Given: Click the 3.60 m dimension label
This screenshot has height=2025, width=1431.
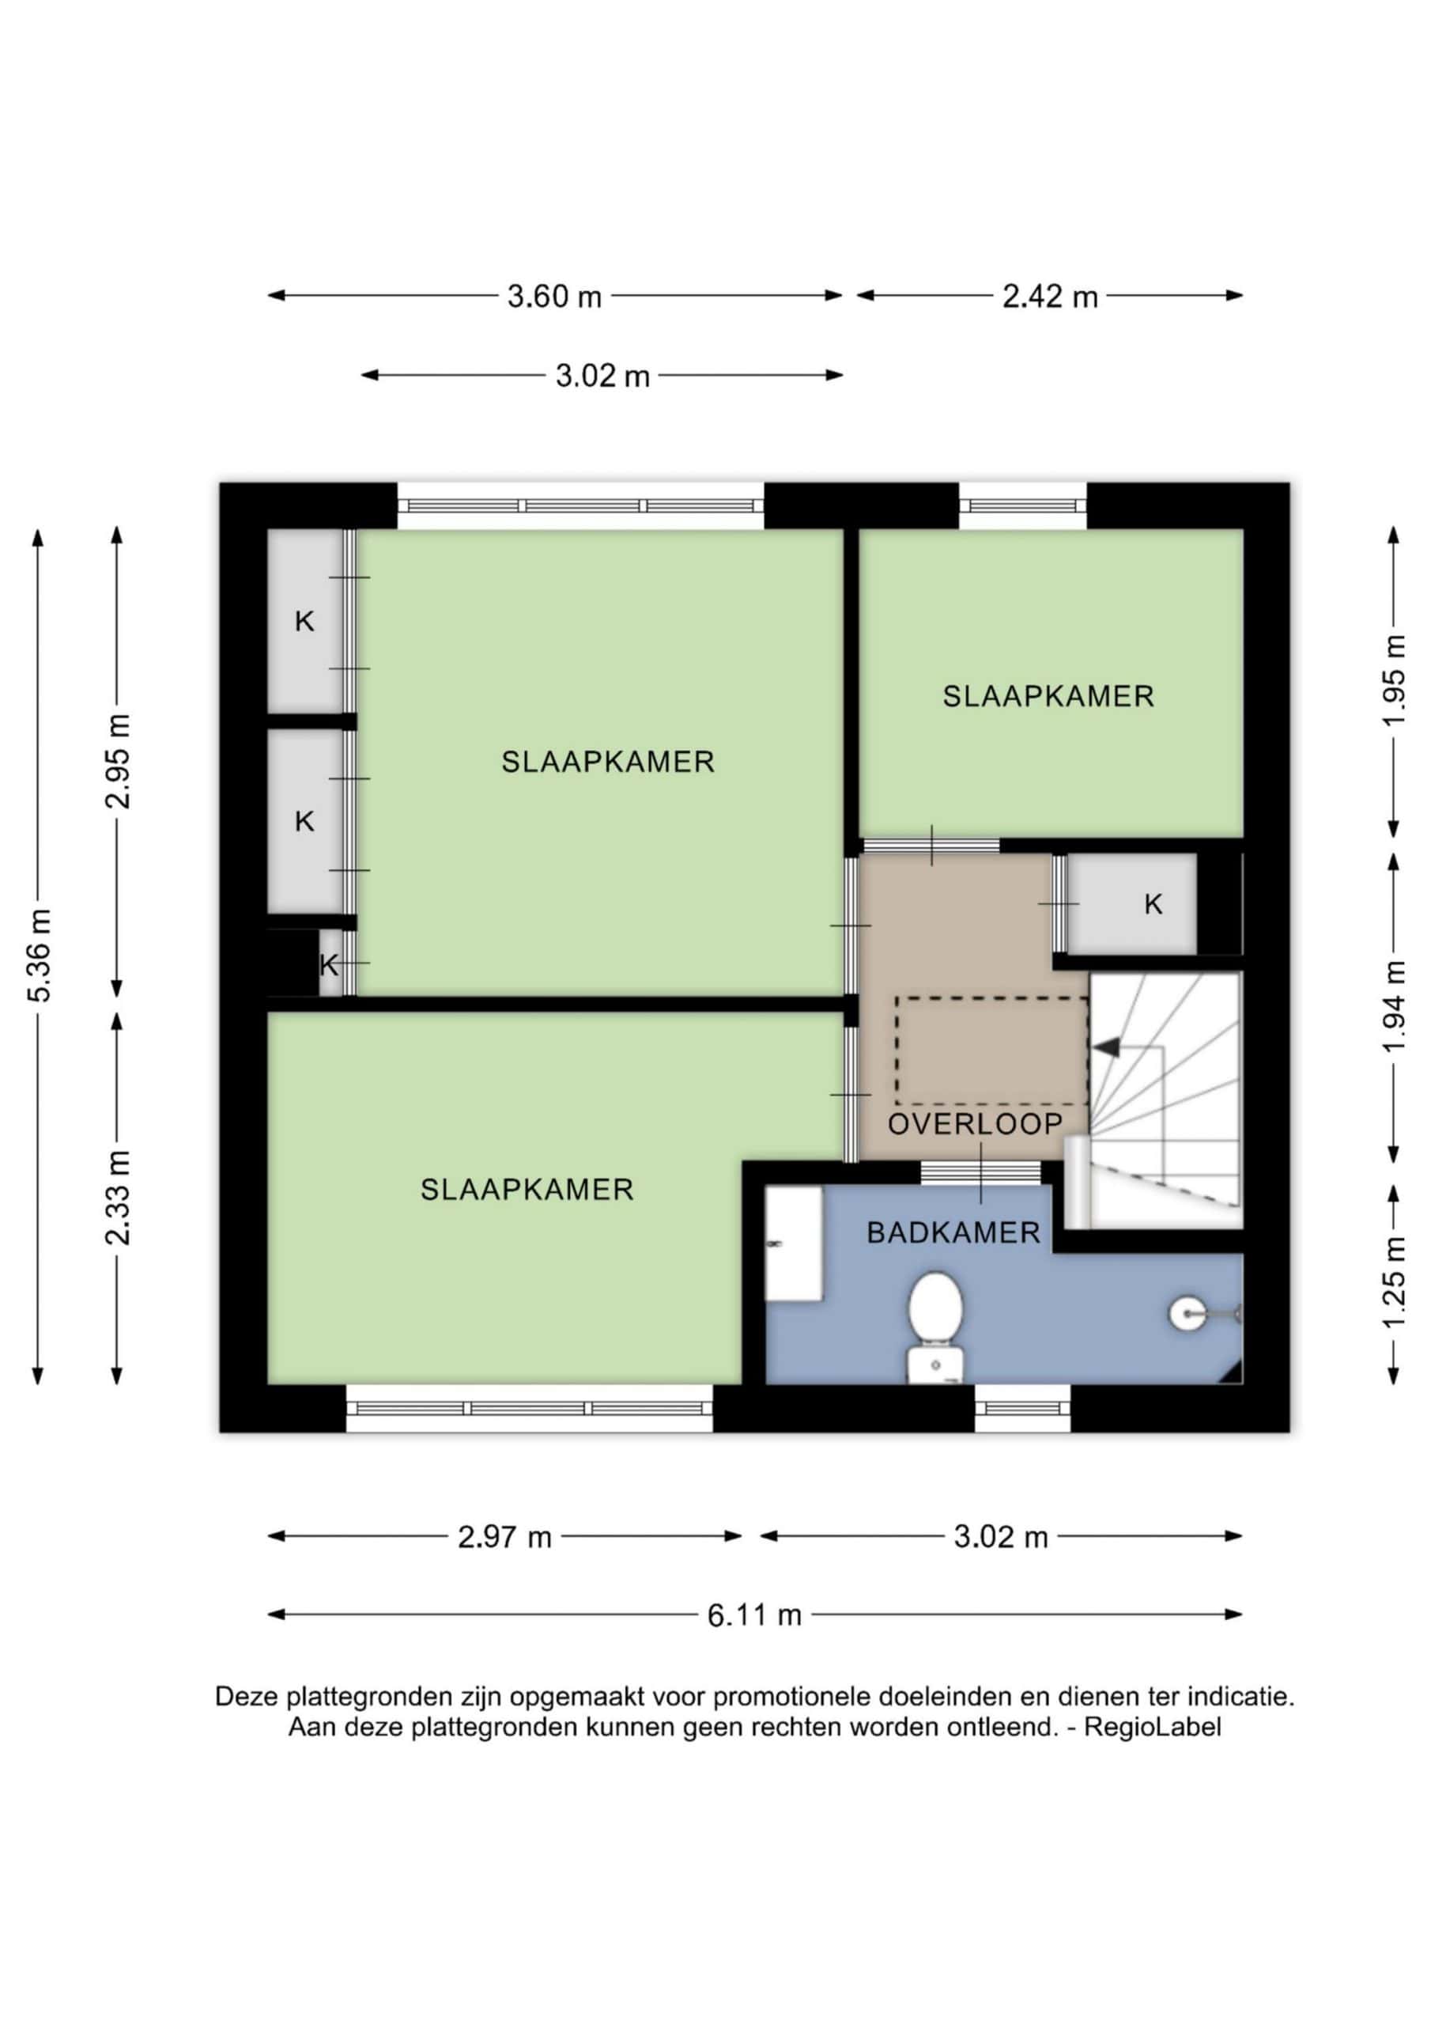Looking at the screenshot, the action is point(553,297).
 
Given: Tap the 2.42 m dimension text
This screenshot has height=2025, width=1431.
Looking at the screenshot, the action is point(1049,297).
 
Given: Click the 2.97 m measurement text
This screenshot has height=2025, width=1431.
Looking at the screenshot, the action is point(504,1537).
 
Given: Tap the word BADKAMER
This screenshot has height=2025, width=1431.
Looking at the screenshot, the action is point(953,1233).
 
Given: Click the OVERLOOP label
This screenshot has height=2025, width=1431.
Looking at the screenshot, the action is point(975,1125).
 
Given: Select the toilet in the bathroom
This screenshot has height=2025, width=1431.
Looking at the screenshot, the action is point(935,1328).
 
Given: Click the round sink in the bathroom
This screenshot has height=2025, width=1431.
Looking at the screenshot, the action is point(1187,1314).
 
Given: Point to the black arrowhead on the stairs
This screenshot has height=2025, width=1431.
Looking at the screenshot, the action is point(1105,1047).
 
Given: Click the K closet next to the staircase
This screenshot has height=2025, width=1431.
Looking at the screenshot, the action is point(1131,904).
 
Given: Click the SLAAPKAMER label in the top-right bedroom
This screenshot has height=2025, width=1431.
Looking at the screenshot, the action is point(1048,697).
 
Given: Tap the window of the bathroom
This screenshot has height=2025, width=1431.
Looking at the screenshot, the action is point(1023,1408).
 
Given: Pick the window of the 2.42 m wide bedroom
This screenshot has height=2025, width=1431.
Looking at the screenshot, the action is point(1023,505).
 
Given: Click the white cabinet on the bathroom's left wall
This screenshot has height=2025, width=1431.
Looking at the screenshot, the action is point(794,1243).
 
